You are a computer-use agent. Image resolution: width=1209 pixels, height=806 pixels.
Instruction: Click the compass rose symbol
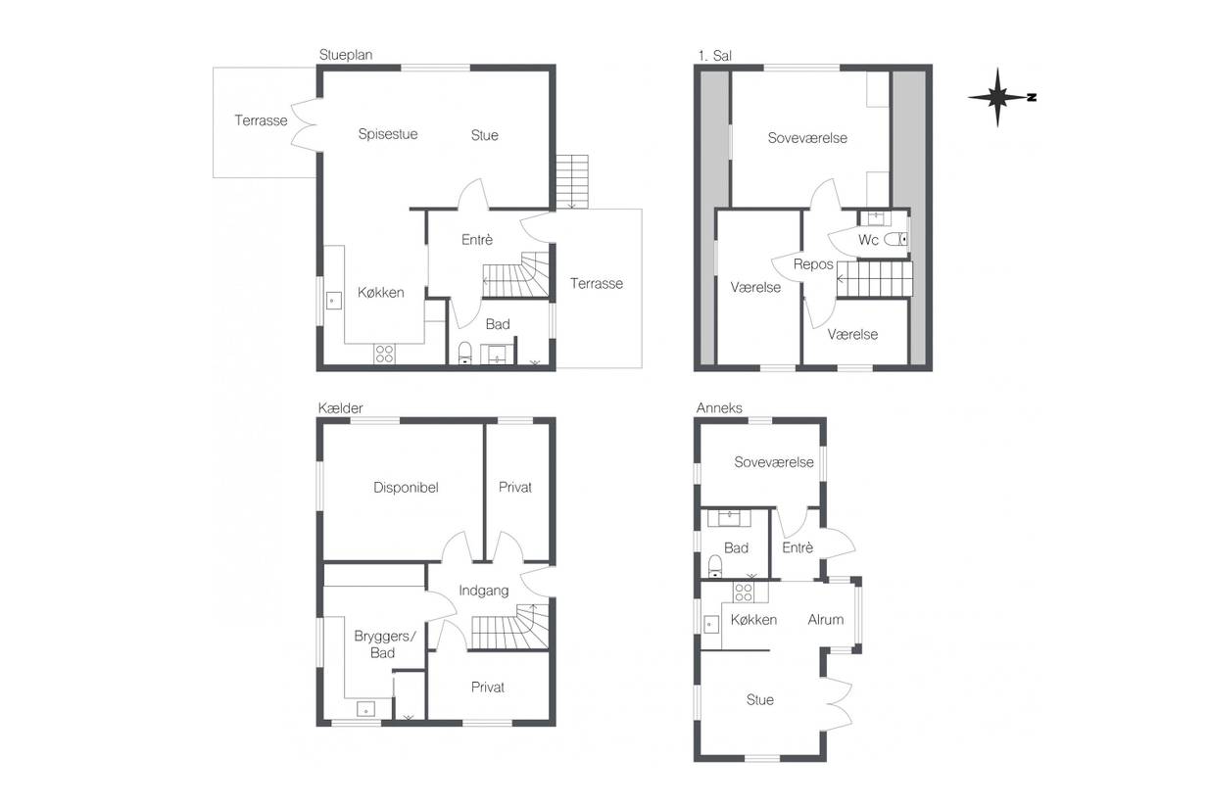(998, 98)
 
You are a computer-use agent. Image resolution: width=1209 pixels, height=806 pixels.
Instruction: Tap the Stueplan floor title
(346, 55)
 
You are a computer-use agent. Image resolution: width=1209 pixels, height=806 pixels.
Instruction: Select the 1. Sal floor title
(714, 56)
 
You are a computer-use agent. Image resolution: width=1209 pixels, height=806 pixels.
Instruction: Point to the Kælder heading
(340, 408)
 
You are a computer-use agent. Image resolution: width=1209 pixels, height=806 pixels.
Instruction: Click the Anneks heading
(719, 407)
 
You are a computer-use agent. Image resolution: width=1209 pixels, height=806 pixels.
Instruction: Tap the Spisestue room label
(388, 134)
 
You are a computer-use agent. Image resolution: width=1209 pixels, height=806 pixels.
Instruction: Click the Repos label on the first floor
(813, 264)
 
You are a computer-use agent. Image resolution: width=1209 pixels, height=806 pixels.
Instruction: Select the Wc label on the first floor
(868, 240)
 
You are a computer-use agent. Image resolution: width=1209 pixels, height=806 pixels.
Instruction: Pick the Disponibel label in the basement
(406, 488)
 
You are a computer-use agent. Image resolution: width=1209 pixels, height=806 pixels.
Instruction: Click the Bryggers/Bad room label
(385, 644)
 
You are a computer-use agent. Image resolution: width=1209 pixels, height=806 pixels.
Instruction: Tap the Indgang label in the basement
(484, 591)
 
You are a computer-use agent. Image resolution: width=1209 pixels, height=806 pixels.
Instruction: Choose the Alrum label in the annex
(826, 619)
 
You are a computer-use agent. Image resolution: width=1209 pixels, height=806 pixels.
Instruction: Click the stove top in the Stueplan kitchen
(384, 354)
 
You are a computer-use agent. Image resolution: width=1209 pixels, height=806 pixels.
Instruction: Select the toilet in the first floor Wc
(895, 239)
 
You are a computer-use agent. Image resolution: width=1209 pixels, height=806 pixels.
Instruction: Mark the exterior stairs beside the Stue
(572, 182)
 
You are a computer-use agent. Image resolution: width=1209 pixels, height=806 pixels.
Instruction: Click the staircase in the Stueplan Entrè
(515, 274)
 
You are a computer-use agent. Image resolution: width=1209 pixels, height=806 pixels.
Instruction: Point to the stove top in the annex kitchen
(744, 593)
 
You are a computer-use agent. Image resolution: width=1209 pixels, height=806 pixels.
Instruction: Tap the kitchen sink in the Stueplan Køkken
(333, 301)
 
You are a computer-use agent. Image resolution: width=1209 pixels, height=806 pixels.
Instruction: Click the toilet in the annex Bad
(715, 566)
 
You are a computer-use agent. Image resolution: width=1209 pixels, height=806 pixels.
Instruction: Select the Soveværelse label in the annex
(774, 462)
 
